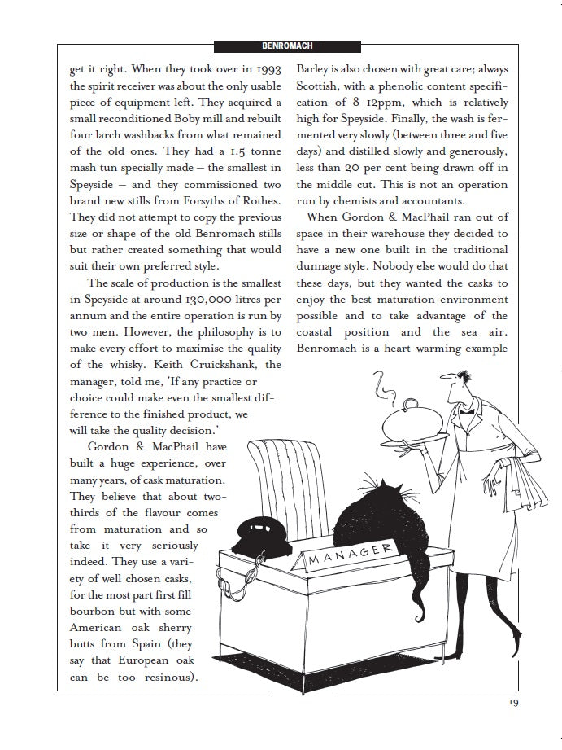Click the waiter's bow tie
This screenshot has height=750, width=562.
click(x=467, y=410)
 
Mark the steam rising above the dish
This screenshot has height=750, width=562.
click(x=378, y=382)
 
